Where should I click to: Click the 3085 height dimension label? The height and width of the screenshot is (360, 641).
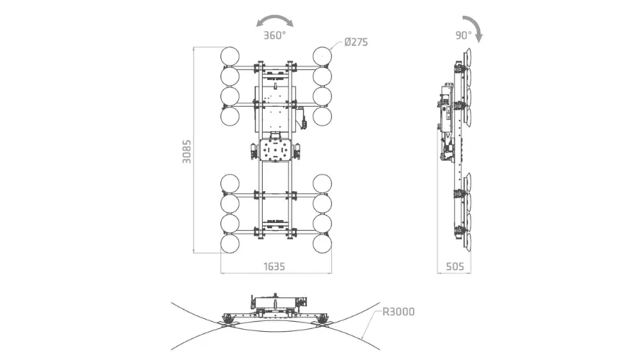(x=186, y=152)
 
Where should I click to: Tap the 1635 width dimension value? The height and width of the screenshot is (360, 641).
(x=274, y=267)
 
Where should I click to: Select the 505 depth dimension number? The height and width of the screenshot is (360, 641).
(x=455, y=267)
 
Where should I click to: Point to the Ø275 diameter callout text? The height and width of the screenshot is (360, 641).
(x=356, y=42)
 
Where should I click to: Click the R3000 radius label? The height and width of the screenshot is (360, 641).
(x=398, y=312)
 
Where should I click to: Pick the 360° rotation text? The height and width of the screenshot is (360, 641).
(x=274, y=35)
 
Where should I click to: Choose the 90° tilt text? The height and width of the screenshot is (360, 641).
(x=463, y=35)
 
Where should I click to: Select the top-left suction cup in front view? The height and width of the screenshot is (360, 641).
(x=230, y=56)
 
